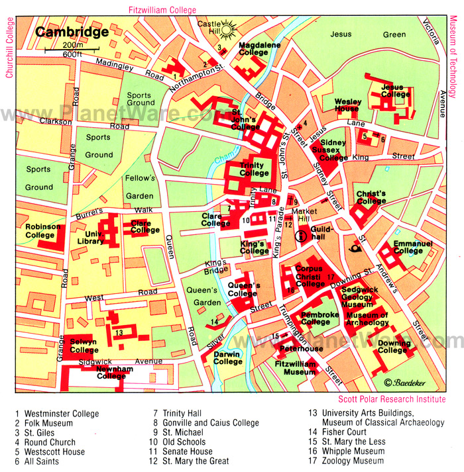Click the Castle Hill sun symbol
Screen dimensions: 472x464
click(229, 30)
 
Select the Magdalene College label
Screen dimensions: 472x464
click(259, 49)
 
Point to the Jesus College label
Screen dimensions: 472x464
click(395, 91)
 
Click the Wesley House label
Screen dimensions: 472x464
click(347, 105)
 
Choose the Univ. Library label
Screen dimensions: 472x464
click(90, 237)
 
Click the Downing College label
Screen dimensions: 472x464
click(395, 347)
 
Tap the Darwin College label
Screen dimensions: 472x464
click(228, 358)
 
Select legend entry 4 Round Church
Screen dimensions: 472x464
click(45, 442)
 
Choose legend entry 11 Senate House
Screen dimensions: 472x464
click(188, 451)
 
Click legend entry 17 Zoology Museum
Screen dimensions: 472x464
click(345, 461)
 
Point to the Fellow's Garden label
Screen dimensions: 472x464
click(140, 187)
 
